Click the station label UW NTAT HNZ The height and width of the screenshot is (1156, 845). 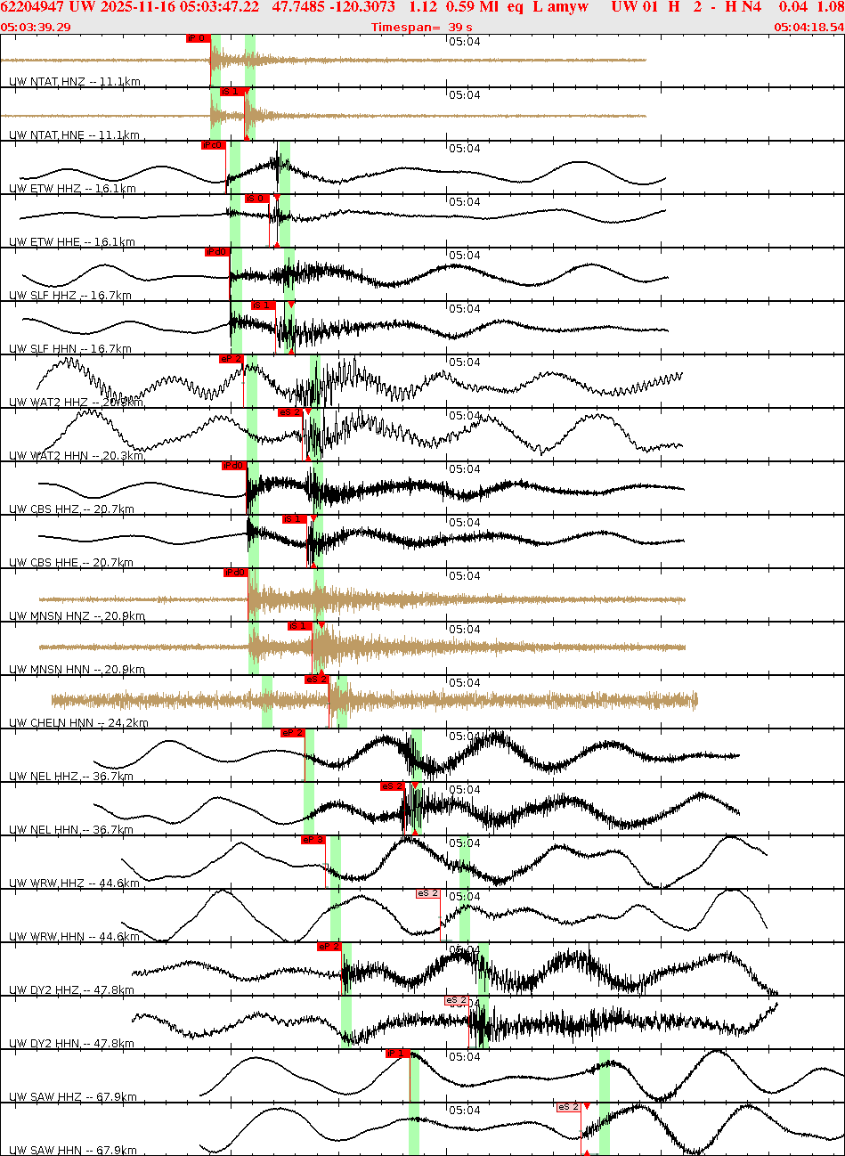point(74,82)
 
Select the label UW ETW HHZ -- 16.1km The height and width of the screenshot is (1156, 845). point(72,189)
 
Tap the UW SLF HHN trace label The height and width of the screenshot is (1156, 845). point(70,349)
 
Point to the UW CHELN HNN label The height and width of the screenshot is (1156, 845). point(78,723)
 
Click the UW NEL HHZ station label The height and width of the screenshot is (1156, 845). point(71,777)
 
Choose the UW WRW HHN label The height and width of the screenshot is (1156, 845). point(74,937)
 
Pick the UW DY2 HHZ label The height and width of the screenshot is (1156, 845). point(71,990)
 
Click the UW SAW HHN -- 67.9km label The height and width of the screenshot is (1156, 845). point(73,1151)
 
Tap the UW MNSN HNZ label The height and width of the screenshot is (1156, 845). point(77,616)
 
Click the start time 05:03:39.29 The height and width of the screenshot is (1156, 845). point(36,27)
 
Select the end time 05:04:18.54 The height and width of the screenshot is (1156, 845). point(808,27)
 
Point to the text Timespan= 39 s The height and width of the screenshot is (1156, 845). point(422,27)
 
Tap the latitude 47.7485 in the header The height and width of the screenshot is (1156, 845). point(298,7)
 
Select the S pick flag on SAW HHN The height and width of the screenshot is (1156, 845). point(569,1107)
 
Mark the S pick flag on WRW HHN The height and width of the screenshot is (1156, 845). point(428,893)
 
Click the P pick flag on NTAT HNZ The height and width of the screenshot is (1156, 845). point(197,38)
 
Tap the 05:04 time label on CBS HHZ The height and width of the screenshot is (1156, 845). point(464,469)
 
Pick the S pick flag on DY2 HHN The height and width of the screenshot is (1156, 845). point(457,1000)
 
